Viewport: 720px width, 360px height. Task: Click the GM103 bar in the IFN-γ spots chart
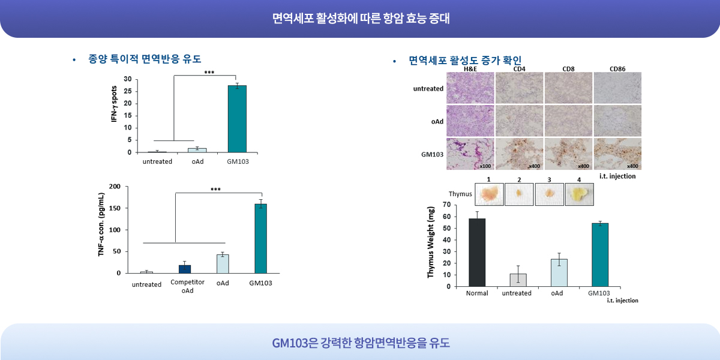237,119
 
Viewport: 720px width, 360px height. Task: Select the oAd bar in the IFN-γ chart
197,150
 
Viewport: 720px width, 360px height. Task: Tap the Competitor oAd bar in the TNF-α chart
185,269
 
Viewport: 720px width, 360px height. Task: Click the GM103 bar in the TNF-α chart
260,239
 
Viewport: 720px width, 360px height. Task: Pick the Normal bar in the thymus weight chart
477,253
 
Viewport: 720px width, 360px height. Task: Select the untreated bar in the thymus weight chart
518,280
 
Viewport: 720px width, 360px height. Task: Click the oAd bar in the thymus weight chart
559,273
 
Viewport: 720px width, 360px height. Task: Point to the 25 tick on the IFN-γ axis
128,91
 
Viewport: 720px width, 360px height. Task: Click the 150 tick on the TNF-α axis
115,208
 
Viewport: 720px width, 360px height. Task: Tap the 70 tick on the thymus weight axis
447,205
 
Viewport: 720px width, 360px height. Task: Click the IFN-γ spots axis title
114,104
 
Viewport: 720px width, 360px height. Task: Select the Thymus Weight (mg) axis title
430,242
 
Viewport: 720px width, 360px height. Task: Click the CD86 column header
617,69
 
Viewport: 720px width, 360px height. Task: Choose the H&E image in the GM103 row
470,154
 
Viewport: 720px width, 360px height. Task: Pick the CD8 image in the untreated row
568,88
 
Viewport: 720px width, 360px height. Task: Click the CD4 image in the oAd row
519,121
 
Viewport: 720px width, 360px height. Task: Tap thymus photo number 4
579,194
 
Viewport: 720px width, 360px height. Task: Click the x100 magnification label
485,166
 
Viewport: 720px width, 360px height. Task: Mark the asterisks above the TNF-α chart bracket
215,190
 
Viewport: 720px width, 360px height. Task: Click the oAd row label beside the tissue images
437,121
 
